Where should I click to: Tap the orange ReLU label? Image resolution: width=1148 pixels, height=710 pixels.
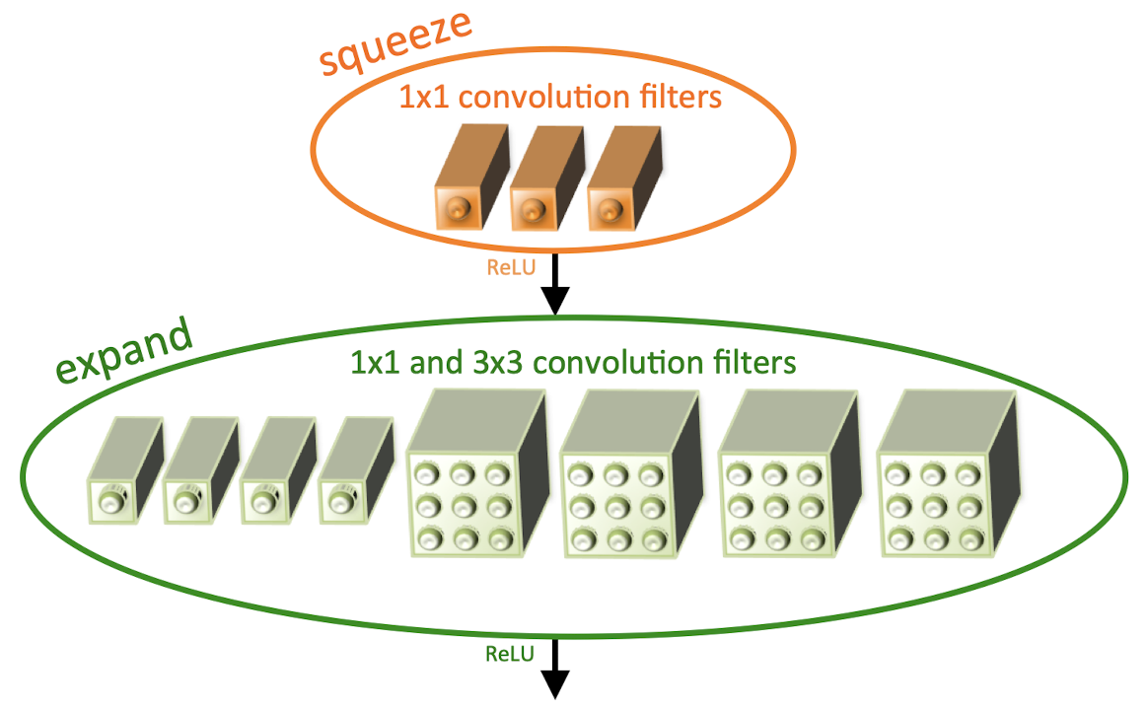511,267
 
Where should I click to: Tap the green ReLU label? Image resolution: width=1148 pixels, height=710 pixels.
510,654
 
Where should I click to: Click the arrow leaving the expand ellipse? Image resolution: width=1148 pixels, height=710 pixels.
555,669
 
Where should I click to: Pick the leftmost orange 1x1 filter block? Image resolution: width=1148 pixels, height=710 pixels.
471,177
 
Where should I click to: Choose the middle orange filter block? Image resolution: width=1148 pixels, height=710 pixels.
547,177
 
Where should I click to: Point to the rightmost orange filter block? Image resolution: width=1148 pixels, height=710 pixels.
624,177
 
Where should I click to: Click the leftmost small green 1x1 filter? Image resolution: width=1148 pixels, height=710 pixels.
125,470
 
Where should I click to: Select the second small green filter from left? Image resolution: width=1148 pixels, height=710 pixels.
201,470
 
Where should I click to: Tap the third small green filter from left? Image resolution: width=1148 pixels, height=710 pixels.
278,470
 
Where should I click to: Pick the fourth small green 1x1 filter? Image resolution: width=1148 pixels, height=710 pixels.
357,470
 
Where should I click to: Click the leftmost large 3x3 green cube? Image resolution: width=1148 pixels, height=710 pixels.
477,473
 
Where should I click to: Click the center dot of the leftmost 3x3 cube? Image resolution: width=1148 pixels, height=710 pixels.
463,506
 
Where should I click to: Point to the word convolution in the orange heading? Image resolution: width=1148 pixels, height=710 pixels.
543,97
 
